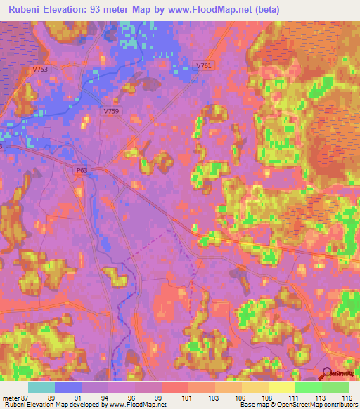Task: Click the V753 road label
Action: click(x=40, y=70)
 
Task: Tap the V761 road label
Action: click(x=204, y=65)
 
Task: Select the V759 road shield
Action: click(x=111, y=111)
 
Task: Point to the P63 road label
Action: click(x=80, y=170)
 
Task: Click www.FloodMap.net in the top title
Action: click(x=213, y=10)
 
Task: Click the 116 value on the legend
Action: click(x=347, y=397)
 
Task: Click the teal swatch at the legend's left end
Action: click(x=41, y=387)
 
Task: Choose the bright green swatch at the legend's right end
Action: click(x=335, y=387)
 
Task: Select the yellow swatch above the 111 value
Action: click(x=282, y=387)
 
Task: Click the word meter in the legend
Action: click(x=12, y=397)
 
